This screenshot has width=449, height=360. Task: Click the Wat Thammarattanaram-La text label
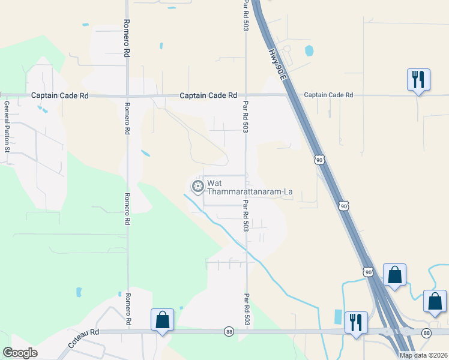pyautogui.click(x=250, y=187)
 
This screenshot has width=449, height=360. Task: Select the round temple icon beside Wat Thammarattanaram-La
pyautogui.click(x=197, y=187)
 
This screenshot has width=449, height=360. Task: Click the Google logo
pyautogui.click(x=20, y=353)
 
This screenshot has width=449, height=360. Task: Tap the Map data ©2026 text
pyautogui.click(x=423, y=355)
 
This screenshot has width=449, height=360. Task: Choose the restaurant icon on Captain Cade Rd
pyautogui.click(x=418, y=80)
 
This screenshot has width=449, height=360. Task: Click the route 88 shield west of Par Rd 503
pyautogui.click(x=229, y=331)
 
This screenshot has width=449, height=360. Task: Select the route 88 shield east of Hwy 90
pyautogui.click(x=427, y=332)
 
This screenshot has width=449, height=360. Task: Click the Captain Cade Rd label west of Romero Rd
pyautogui.click(x=59, y=95)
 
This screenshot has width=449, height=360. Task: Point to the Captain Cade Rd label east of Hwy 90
pyautogui.click(x=328, y=95)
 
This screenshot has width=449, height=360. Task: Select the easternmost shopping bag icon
pyautogui.click(x=434, y=301)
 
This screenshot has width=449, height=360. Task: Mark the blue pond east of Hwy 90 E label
pyautogui.click(x=309, y=50)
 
